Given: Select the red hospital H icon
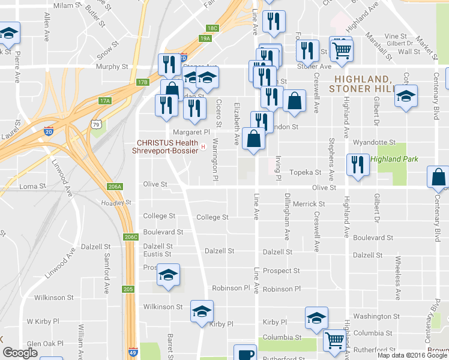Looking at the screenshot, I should (x=203, y=146).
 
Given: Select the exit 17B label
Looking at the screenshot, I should (x=142, y=82).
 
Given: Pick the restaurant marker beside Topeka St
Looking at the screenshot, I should (x=358, y=165).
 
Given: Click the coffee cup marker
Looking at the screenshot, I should (x=245, y=353).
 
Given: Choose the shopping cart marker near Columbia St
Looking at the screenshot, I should (x=334, y=340).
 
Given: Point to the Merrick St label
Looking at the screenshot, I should (x=309, y=204).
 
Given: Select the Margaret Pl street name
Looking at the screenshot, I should (x=191, y=132).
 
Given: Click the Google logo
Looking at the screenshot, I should (x=20, y=353).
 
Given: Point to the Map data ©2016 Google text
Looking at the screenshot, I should (x=411, y=355).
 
